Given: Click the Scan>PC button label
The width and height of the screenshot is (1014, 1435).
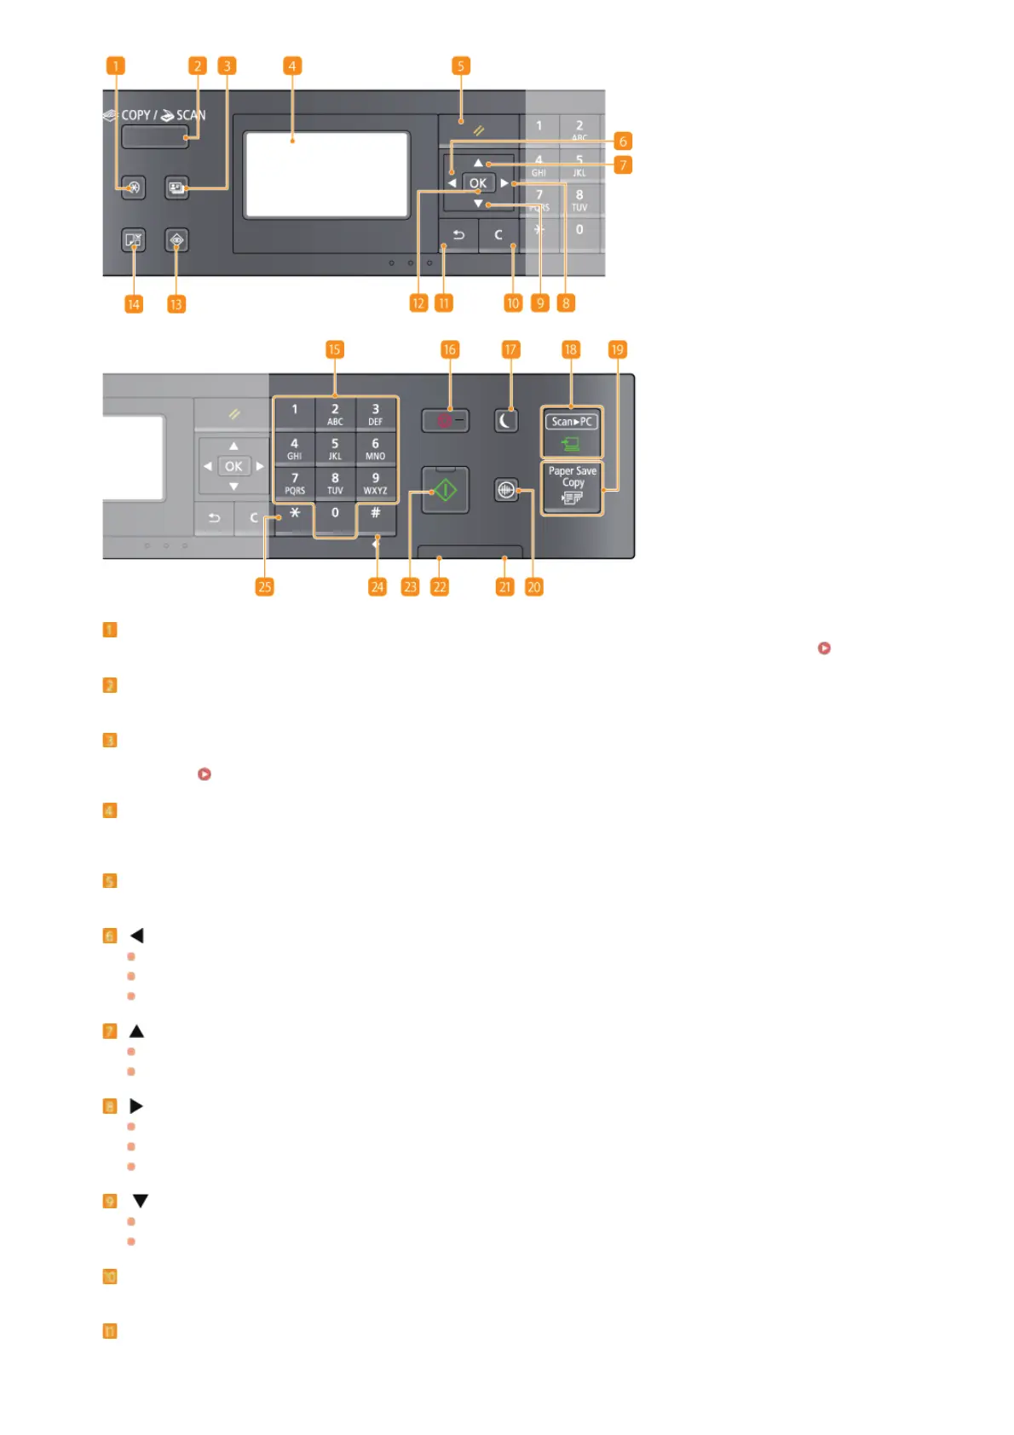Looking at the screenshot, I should coord(571,421).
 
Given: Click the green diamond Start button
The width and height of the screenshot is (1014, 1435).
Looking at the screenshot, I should coord(445,490).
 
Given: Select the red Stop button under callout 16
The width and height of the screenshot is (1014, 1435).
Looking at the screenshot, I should coord(445,420).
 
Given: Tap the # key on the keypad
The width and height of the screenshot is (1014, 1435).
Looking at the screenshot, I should coord(375,513).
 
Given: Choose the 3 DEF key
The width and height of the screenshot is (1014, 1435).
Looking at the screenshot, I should coord(375,414).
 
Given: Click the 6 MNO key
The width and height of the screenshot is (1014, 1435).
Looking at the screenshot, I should coord(375,448).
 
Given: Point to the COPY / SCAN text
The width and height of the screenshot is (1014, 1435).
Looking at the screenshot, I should coord(164,115).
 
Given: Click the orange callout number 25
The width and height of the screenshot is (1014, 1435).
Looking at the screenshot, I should coord(264,586).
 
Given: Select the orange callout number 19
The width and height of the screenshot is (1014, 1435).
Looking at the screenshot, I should coord(617,349).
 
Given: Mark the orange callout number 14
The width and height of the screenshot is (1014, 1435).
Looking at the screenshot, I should coord(134,304).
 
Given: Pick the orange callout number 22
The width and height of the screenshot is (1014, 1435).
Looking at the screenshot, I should coord(439,586).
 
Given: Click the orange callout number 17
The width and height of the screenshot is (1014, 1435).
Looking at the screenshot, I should coord(510,349).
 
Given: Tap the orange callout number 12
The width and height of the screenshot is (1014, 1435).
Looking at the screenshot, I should coord(418,303).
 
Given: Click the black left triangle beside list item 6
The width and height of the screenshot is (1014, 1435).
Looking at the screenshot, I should coord(136,936).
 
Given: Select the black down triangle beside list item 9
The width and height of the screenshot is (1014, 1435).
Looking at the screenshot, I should coord(141,1201).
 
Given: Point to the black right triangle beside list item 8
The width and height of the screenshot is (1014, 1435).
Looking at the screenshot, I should coord(136,1106).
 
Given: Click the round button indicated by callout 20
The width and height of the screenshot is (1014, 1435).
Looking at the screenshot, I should coord(506,490).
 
